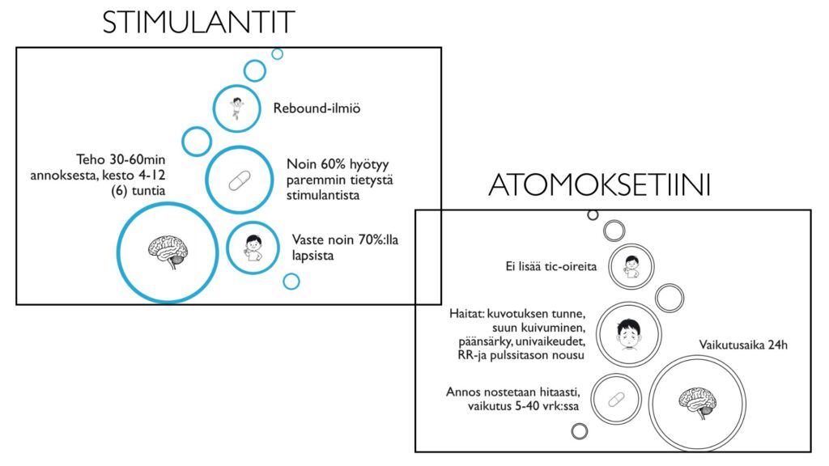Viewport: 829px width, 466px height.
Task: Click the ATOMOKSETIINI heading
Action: click(600, 185)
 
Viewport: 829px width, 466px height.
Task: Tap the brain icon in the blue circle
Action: click(168, 252)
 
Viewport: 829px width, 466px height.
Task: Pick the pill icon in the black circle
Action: click(616, 399)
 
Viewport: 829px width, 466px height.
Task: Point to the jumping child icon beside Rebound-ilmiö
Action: click(236, 108)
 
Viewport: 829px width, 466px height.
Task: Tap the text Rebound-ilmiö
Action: click(316, 108)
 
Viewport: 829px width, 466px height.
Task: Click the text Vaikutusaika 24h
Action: click(743, 345)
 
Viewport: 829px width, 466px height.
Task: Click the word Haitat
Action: click(467, 313)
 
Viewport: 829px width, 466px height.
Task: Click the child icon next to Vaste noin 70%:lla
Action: click(253, 246)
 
